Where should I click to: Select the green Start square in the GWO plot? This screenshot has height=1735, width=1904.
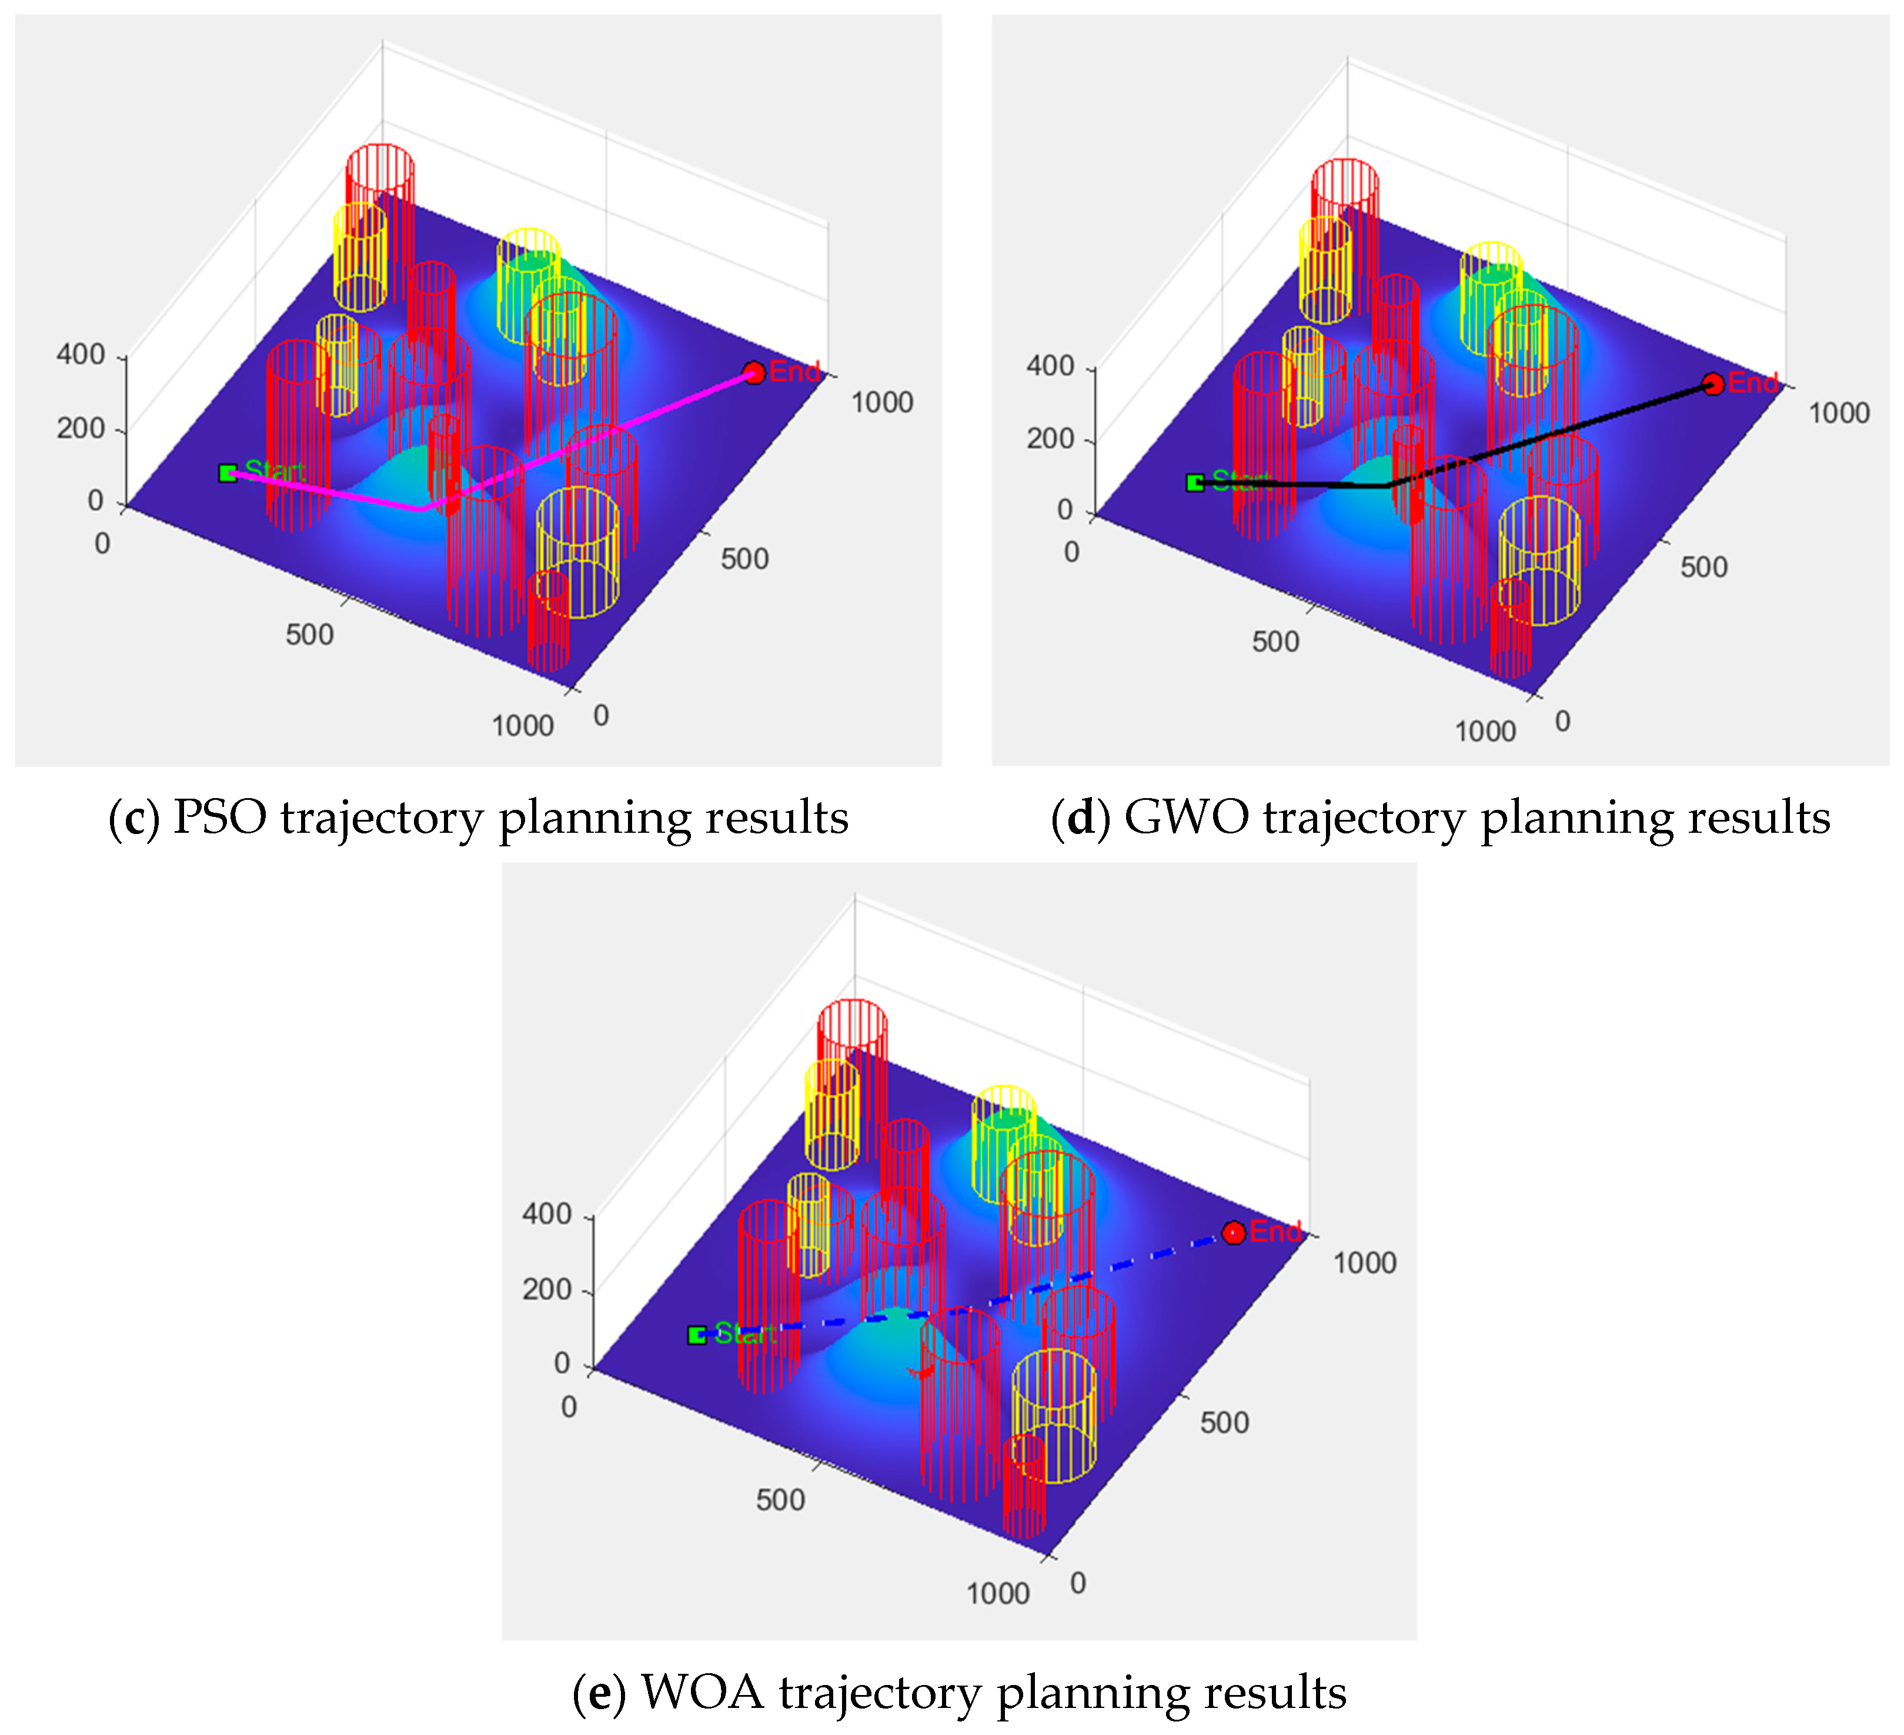(1195, 483)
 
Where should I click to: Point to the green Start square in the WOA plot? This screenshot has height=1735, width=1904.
(697, 1334)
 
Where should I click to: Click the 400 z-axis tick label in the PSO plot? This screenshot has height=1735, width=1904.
(81, 355)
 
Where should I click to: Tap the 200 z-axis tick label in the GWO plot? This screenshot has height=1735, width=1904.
(1050, 439)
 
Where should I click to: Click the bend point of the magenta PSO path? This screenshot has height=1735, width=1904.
(421, 509)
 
